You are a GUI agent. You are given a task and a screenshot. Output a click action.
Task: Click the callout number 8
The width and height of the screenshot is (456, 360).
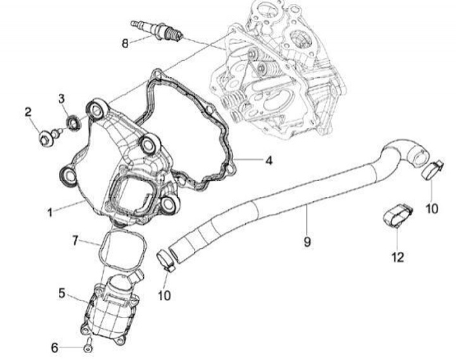pyautogui.click(x=125, y=43)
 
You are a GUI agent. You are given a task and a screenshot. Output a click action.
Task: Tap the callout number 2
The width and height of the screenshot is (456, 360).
pyautogui.click(x=28, y=112)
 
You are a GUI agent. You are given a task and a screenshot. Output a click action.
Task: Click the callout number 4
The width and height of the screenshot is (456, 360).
pyautogui.click(x=269, y=161)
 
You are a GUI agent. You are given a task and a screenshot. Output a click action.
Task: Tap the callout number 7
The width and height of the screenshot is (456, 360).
pyautogui.click(x=75, y=240)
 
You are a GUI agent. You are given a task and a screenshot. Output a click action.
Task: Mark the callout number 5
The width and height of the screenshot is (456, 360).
pyautogui.click(x=61, y=293)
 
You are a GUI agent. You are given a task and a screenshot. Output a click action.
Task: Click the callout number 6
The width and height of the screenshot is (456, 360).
pyautogui.click(x=54, y=347)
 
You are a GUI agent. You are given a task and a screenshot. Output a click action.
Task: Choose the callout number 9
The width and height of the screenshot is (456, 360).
pyautogui.click(x=307, y=241)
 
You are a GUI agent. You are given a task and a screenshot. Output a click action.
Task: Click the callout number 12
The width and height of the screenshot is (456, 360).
pyautogui.click(x=396, y=257)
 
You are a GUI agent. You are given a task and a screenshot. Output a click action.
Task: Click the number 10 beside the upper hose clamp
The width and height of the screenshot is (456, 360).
pyautogui.click(x=431, y=208)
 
